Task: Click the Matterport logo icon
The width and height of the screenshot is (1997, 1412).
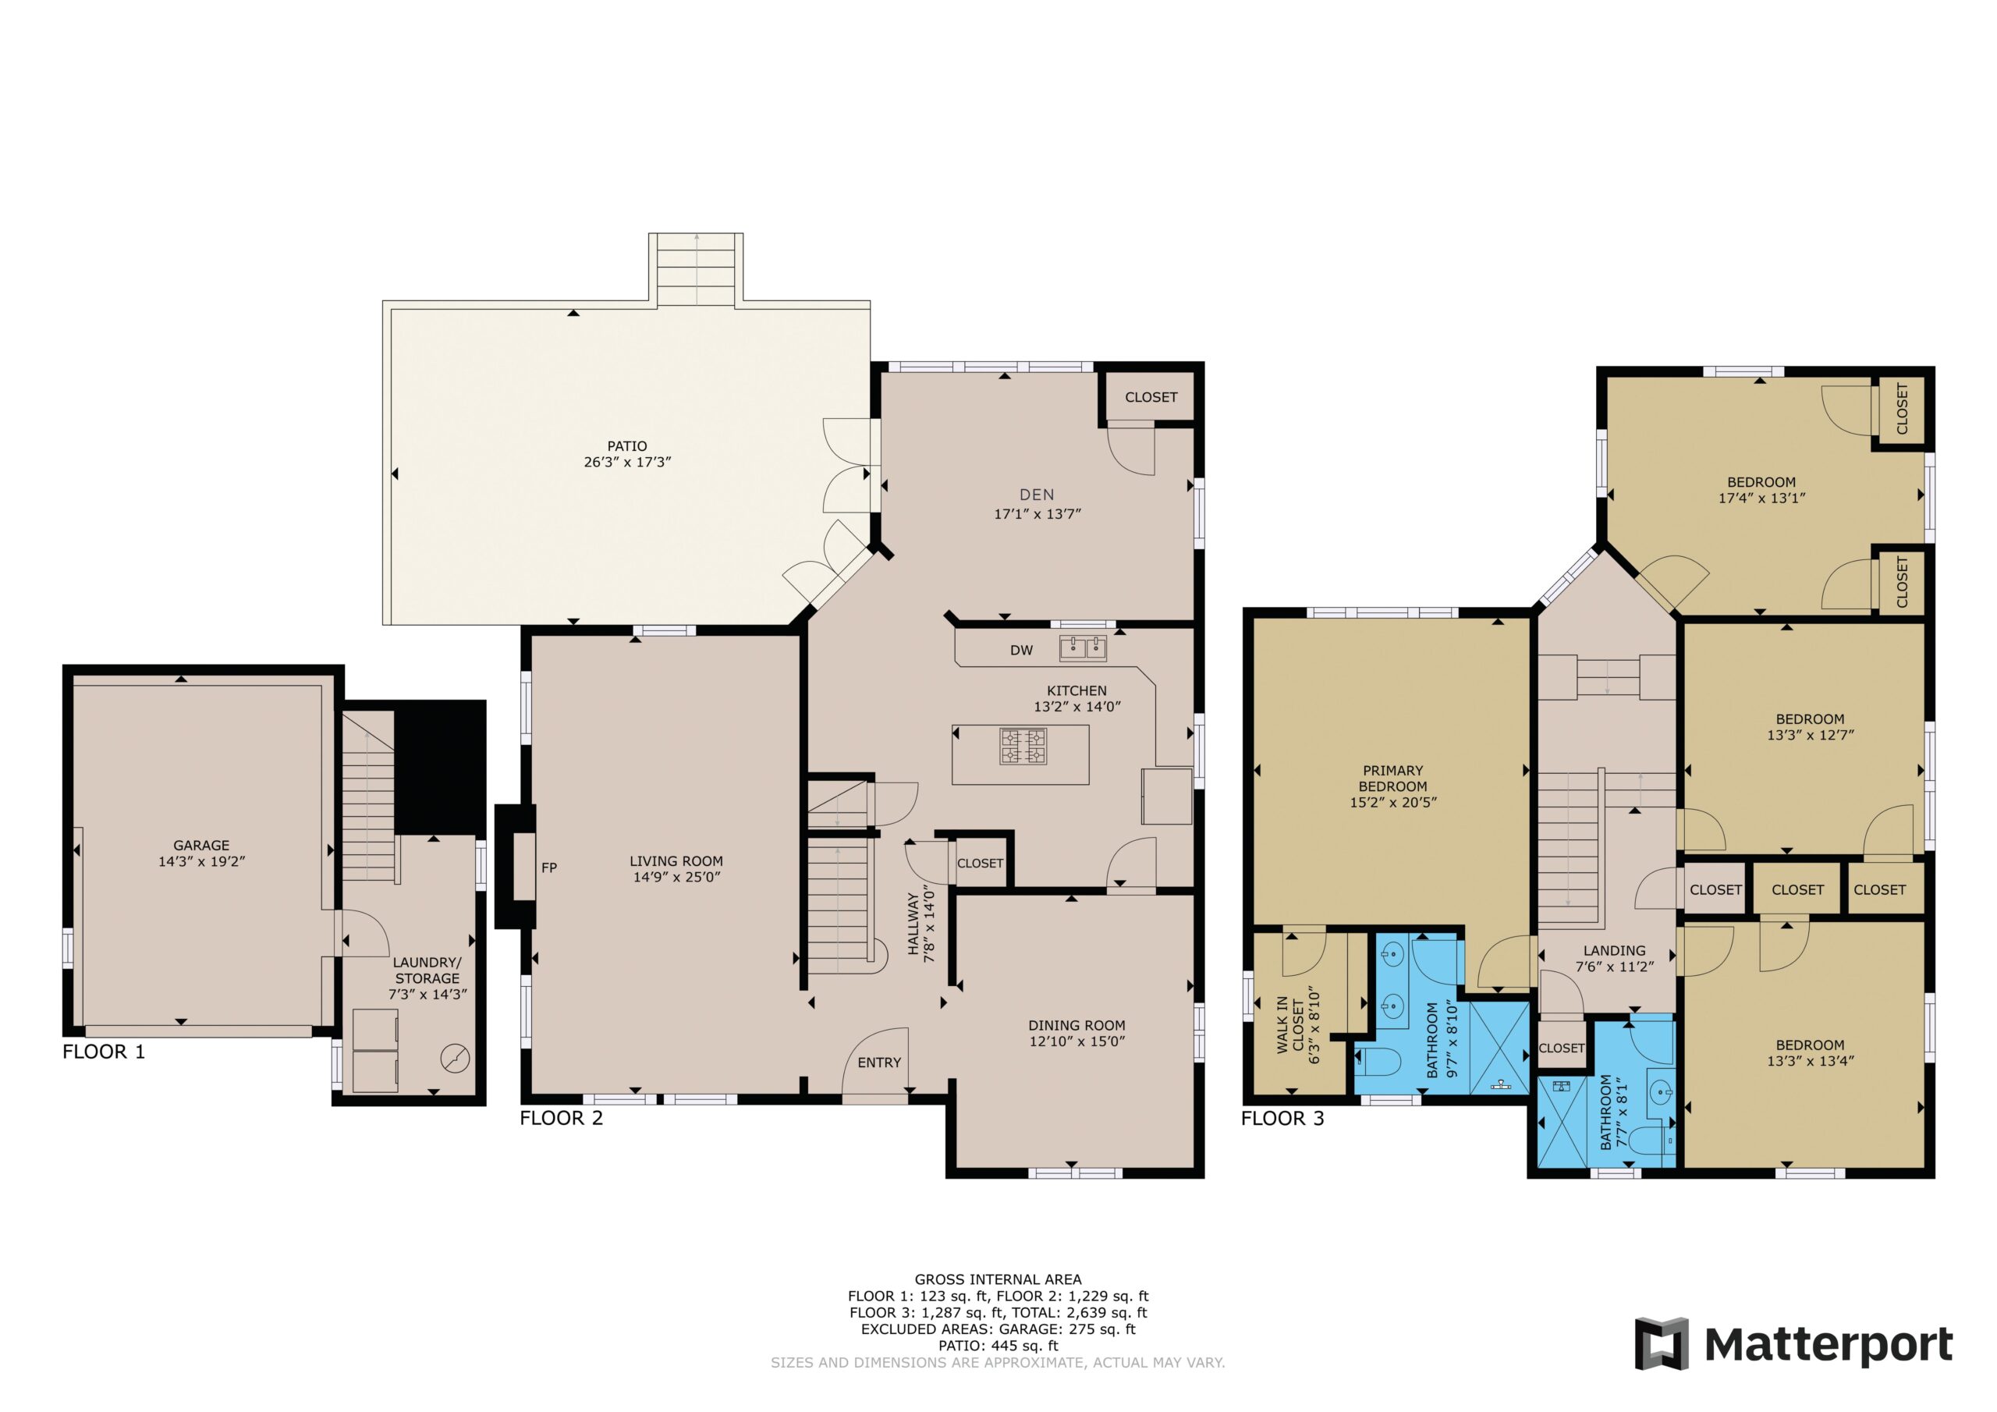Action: (1662, 1343)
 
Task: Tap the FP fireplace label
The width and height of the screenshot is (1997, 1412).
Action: (549, 867)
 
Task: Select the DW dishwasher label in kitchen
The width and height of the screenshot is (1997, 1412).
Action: (1021, 650)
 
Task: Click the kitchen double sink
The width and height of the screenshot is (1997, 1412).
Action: (1082, 648)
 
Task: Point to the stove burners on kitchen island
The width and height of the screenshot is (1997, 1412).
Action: (1023, 746)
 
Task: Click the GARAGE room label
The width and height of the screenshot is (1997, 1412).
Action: (201, 845)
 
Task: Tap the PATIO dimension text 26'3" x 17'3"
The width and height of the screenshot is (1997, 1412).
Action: (627, 462)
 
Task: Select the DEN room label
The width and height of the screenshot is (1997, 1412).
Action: (1037, 494)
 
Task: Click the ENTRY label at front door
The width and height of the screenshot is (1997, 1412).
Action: (879, 1063)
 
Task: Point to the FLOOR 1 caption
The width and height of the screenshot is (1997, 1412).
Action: (104, 1051)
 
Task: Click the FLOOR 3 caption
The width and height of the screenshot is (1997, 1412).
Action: (1282, 1118)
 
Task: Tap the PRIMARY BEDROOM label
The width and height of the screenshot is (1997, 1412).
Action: (1392, 778)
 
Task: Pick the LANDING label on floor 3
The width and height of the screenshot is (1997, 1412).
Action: (1614, 951)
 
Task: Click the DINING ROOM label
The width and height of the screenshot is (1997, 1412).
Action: (1077, 1025)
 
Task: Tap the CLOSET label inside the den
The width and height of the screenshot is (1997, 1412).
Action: (1151, 397)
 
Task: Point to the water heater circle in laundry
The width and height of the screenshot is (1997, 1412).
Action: (454, 1059)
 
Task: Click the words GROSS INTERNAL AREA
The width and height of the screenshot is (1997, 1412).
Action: (998, 1279)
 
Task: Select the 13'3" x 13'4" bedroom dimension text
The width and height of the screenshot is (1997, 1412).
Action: (1810, 1060)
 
